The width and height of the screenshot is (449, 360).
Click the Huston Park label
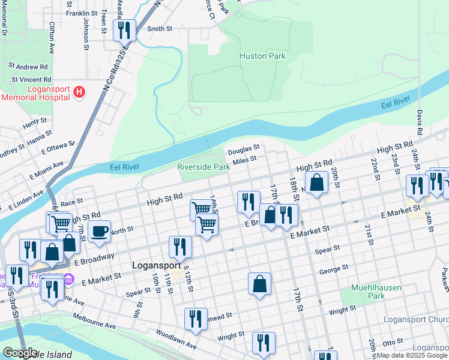click(262, 56)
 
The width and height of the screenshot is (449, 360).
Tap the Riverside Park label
click(203, 167)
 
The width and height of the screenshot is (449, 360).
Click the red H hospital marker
click(79, 92)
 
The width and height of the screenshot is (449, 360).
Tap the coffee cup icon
click(99, 231)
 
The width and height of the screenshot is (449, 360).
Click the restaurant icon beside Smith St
click(124, 30)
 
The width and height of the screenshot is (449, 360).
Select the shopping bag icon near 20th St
click(316, 182)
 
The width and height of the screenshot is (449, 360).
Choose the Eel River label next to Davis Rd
click(396, 106)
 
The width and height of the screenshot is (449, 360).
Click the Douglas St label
click(243, 148)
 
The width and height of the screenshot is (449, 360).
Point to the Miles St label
click(244, 160)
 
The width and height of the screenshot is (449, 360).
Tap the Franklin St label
click(82, 13)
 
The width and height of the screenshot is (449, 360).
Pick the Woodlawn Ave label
click(176, 339)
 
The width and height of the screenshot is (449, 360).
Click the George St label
click(330, 271)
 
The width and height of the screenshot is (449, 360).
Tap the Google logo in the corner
click(20, 353)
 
